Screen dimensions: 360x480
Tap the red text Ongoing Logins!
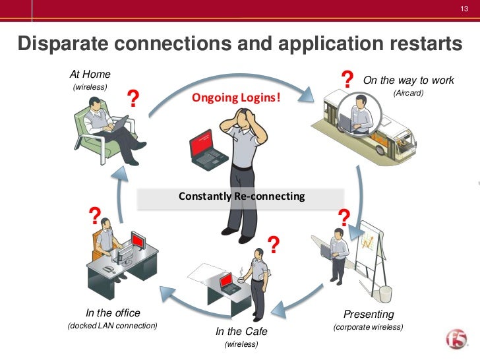tap(236, 98)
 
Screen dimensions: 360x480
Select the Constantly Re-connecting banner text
tap(242, 196)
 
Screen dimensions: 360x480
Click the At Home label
tap(90, 75)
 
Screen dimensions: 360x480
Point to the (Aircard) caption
tap(408, 93)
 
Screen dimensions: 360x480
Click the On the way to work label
tap(408, 80)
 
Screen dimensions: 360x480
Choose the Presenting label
tap(369, 315)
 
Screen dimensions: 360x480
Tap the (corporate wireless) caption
tap(368, 327)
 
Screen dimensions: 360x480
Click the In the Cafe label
tap(241, 331)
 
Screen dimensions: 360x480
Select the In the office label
tap(113, 313)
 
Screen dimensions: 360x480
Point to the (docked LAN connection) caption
tap(113, 326)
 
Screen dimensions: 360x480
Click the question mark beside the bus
tap(347, 81)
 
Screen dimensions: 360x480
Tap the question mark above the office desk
tap(95, 215)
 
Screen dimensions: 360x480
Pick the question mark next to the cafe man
tap(272, 245)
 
